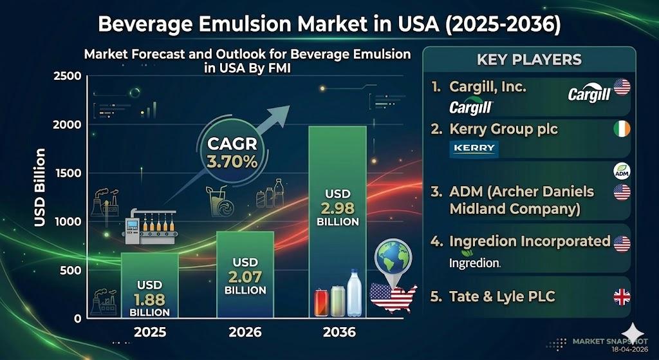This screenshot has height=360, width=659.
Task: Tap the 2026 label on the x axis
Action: coord(245,332)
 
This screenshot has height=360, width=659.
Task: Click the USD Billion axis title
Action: coord(39,187)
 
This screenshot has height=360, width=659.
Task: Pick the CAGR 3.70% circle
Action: coord(232,153)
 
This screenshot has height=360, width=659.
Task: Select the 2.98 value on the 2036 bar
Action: coord(337,208)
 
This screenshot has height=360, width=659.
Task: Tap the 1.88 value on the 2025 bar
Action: coord(149,299)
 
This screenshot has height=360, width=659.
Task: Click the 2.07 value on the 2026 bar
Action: coord(245,277)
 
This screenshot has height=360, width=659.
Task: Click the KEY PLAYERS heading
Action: coord(529,60)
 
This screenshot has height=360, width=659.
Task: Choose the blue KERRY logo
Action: coord(474,149)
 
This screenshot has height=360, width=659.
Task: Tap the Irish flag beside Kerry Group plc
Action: coord(622,129)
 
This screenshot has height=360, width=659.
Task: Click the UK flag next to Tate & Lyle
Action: coord(622,297)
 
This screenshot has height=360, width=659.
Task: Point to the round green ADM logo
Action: coord(622,171)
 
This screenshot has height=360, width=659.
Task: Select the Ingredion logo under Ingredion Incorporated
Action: coord(474,263)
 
